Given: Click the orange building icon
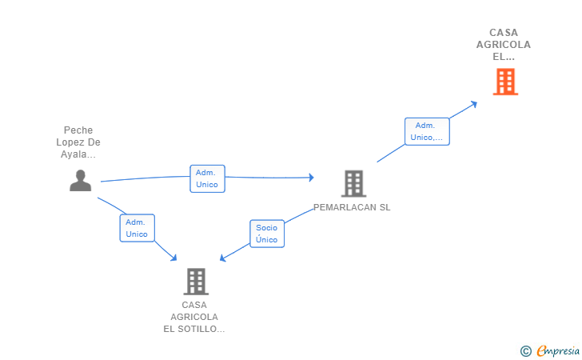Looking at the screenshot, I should pyautogui.click(x=505, y=82).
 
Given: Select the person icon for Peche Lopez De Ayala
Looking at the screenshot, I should pyautogui.click(x=80, y=181).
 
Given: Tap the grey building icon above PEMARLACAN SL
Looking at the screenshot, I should pyautogui.click(x=353, y=183).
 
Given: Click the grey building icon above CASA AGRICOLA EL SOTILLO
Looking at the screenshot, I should pyautogui.click(x=196, y=282).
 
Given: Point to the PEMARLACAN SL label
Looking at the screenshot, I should pyautogui.click(x=352, y=207).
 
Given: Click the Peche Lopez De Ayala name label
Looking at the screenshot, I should pyautogui.click(x=78, y=142).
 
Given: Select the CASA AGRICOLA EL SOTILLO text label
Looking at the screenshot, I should pyautogui.click(x=194, y=317).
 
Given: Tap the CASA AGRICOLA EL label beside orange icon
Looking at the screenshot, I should pyautogui.click(x=504, y=45).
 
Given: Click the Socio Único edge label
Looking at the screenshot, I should pyautogui.click(x=267, y=234).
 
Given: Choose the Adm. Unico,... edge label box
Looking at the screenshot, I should pyautogui.click(x=427, y=131).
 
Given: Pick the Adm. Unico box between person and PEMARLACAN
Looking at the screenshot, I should pyautogui.click(x=207, y=178).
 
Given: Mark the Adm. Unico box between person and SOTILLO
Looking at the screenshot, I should pyautogui.click(x=137, y=228).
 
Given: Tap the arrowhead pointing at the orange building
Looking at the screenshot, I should pyautogui.click(x=474, y=102).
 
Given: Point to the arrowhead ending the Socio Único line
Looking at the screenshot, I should pyautogui.click(x=224, y=258).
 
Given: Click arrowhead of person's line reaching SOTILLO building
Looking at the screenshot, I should pyautogui.click(x=173, y=258).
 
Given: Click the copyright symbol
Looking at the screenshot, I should pyautogui.click(x=525, y=350).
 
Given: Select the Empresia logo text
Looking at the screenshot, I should pyautogui.click(x=557, y=350).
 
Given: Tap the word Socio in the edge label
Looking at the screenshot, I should pyautogui.click(x=267, y=228).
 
